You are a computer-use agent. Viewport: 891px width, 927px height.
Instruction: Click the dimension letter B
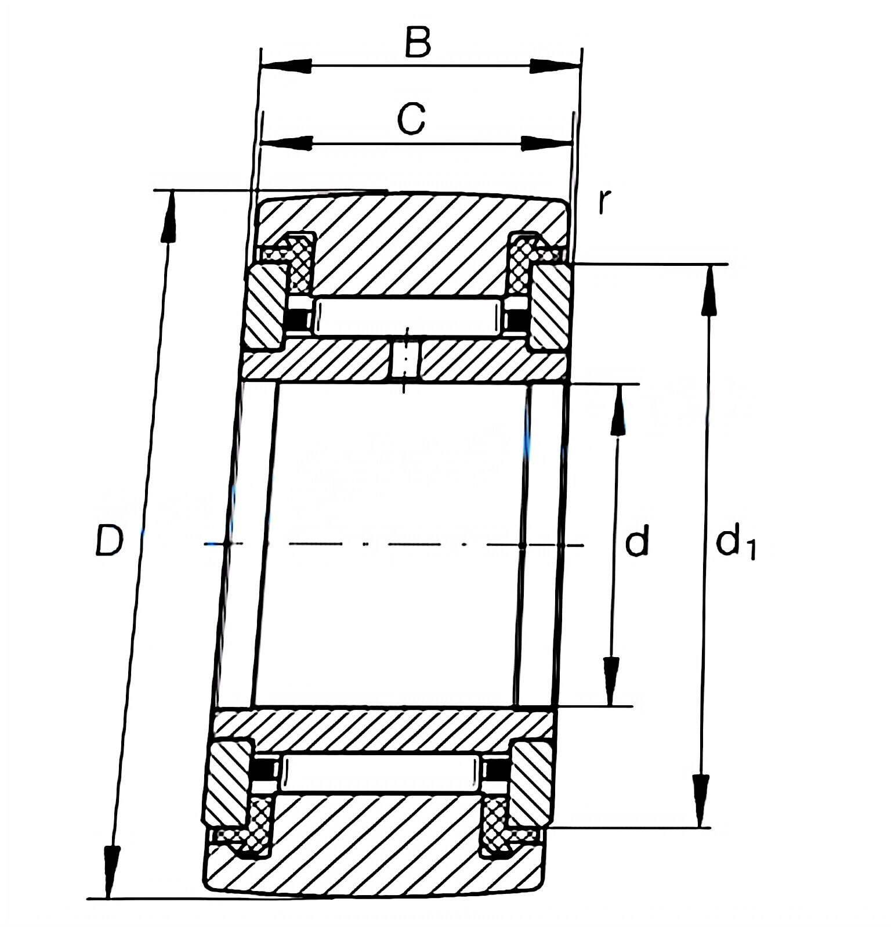tap(418, 42)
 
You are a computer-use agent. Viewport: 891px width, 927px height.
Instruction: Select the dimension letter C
tap(411, 118)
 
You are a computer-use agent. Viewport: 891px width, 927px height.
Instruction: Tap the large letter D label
tap(109, 540)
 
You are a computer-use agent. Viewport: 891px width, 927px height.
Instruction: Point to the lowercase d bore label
tap(636, 541)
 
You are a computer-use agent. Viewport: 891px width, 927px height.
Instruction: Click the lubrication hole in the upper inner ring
tap(406, 360)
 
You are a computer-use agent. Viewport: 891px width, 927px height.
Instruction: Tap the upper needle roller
tap(406, 316)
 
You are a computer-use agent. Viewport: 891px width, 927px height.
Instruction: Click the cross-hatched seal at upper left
tap(299, 264)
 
